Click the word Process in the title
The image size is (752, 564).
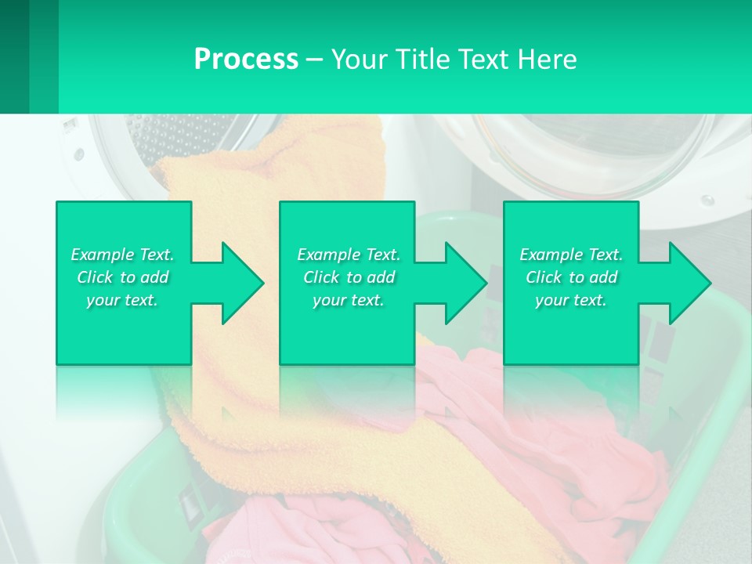tap(246, 59)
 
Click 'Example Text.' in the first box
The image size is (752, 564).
tap(122, 255)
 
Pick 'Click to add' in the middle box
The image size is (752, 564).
tap(349, 277)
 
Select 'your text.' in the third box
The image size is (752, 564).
tap(571, 300)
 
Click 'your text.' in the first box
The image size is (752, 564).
tap(122, 300)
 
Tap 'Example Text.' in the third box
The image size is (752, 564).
tap(571, 255)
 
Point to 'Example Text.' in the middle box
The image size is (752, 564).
tap(349, 255)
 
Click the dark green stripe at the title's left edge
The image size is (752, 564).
tap(14, 56)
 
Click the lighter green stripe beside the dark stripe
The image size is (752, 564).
tap(44, 56)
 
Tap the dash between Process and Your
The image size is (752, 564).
tap(314, 60)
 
